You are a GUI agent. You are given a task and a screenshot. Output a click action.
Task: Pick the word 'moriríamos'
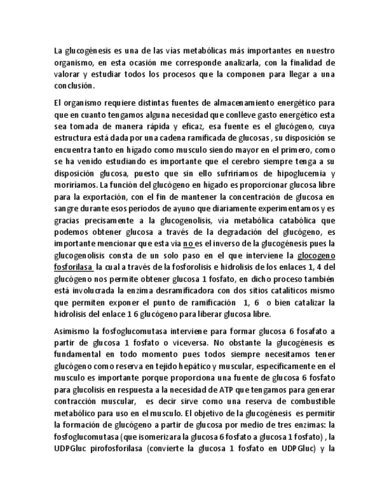coord(72,184)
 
